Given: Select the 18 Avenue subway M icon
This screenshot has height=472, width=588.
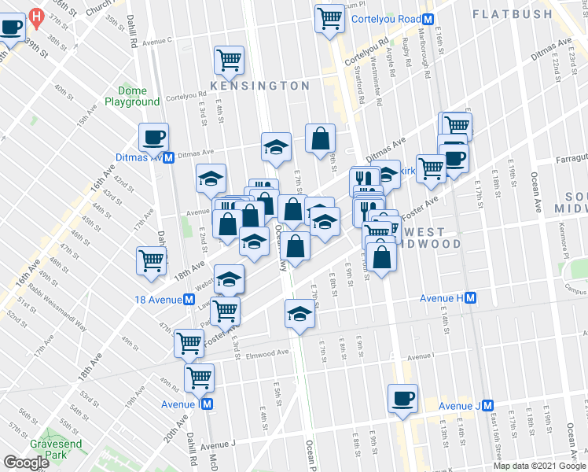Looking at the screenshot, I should (x=189, y=300).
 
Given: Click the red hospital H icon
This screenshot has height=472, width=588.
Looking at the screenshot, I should (x=35, y=16).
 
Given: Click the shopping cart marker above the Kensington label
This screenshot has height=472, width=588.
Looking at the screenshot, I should (x=229, y=59).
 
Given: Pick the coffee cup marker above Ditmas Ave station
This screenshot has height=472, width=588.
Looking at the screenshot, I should (x=153, y=138).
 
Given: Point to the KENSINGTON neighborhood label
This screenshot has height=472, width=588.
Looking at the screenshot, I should (x=259, y=85).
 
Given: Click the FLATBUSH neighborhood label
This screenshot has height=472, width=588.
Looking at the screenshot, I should (x=516, y=13).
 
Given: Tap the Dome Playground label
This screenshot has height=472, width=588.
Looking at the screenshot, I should (x=132, y=96).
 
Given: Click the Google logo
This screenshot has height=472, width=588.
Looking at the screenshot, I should (x=26, y=463).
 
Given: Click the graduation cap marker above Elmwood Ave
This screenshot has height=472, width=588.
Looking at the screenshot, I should (x=299, y=314).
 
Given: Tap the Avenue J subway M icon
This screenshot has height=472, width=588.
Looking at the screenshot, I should (x=489, y=406).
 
